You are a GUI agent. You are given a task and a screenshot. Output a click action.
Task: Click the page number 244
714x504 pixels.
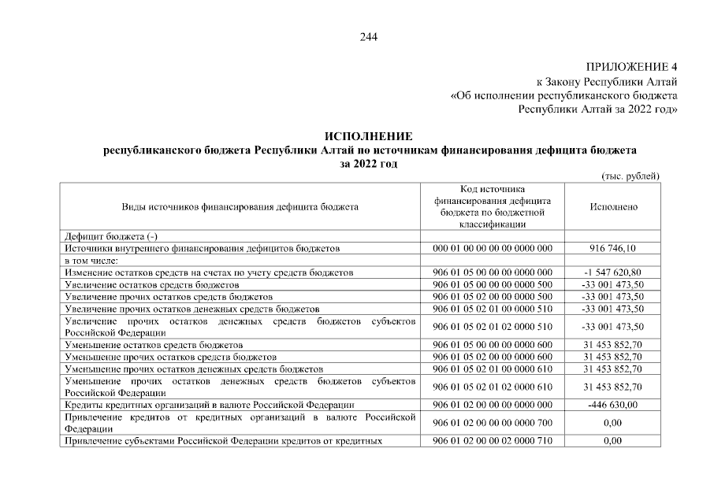369,36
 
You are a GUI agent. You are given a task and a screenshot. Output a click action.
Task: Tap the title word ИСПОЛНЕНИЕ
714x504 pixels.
369,138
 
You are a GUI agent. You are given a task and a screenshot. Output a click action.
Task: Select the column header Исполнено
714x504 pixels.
613,207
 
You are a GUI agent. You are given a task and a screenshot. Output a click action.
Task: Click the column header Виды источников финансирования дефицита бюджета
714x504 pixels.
240,207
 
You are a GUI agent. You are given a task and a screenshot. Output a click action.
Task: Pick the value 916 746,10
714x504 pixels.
613,248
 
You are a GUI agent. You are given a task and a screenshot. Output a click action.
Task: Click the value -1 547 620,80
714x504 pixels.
613,272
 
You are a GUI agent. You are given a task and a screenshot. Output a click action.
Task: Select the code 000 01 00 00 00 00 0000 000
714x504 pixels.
493,248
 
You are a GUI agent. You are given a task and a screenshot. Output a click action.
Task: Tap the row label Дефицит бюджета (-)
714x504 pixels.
110,236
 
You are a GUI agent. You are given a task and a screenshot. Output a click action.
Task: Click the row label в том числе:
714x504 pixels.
91,260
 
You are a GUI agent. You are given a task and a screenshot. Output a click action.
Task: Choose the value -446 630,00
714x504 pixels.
613,405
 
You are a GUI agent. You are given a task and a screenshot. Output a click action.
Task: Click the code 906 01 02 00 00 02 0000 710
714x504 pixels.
493,441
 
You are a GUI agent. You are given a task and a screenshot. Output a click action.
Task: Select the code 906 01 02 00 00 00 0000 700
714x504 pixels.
493,423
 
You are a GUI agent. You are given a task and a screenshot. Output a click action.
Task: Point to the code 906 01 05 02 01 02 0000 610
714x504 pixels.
493,387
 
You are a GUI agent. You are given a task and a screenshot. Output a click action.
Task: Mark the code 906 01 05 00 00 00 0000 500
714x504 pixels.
493,284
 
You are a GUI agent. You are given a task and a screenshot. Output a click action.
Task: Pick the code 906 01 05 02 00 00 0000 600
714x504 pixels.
493,357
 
